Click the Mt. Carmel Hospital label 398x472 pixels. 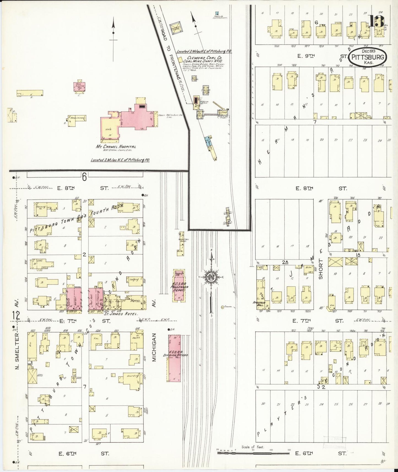116,147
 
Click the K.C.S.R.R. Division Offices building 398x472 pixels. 174,358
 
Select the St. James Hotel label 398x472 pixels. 121,314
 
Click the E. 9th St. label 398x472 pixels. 306,56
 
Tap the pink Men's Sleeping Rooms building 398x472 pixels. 79,86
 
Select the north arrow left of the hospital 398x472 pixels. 113,39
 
